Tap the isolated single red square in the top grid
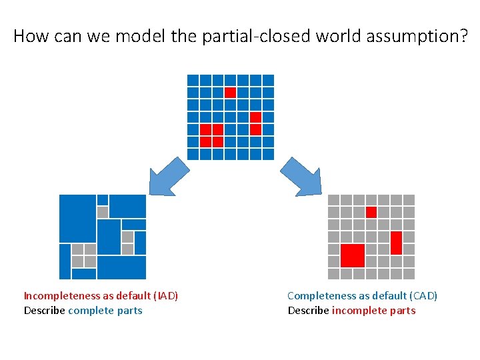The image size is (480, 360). [230, 93]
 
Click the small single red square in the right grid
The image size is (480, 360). [371, 212]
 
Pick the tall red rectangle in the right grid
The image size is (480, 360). [396, 243]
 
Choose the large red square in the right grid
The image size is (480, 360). [353, 255]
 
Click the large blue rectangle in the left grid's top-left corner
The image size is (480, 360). [77, 219]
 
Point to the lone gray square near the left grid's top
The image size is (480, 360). [103, 212]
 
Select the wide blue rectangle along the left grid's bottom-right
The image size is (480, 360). [121, 267]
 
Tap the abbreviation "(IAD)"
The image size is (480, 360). [166, 296]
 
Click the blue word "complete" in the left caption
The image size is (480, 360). [88, 311]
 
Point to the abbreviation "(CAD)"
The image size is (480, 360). [423, 296]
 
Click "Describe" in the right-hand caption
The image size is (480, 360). [308, 311]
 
